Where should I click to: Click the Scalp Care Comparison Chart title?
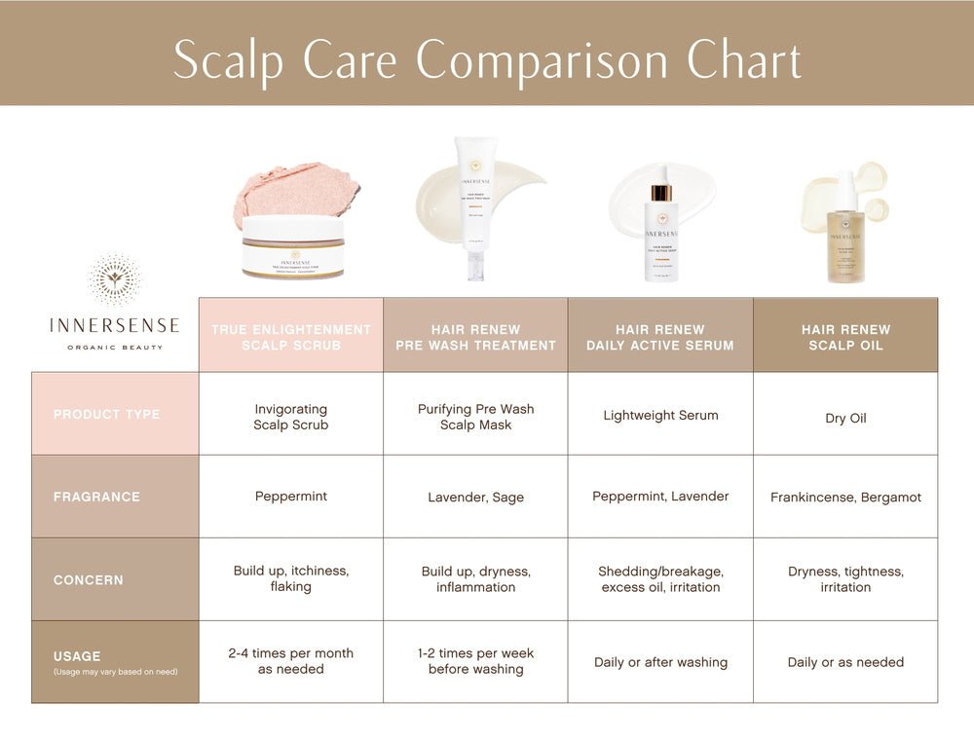click(x=487, y=60)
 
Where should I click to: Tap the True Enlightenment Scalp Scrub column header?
click(x=290, y=337)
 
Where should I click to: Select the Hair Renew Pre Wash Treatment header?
click(x=475, y=337)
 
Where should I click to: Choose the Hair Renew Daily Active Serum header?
click(x=659, y=337)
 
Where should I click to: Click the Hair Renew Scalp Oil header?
click(x=845, y=337)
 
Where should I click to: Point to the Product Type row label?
click(x=106, y=414)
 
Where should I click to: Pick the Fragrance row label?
click(x=96, y=497)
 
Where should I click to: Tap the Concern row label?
click(x=89, y=579)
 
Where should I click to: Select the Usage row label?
click(x=78, y=656)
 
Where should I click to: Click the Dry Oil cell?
click(x=845, y=418)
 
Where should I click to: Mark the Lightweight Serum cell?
click(x=659, y=415)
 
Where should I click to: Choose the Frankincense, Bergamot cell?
click(x=845, y=498)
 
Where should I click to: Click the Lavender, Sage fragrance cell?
click(x=475, y=498)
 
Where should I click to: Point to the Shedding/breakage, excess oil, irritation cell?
click(x=660, y=579)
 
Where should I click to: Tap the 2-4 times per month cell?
click(x=290, y=661)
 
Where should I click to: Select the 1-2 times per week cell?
click(x=475, y=661)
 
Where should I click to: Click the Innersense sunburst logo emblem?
click(x=114, y=279)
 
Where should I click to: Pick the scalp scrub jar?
click(x=292, y=246)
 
